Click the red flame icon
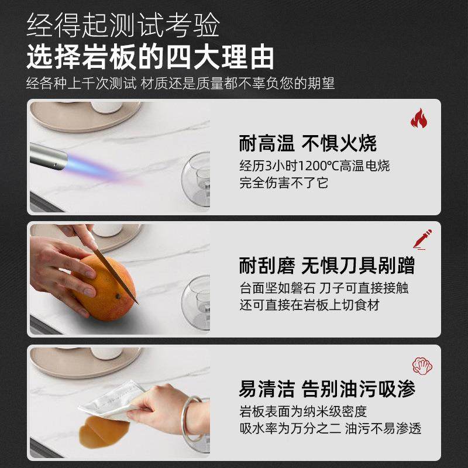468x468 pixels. [x=418, y=119]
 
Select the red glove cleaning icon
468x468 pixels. [x=422, y=366]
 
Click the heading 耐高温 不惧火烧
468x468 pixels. [x=308, y=143]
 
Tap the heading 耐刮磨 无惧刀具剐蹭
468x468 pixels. [x=327, y=266]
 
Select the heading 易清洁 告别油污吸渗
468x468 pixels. [x=326, y=388]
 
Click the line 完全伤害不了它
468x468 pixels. [x=284, y=183]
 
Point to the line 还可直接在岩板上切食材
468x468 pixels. [x=309, y=305]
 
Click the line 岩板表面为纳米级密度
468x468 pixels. [x=303, y=411]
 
